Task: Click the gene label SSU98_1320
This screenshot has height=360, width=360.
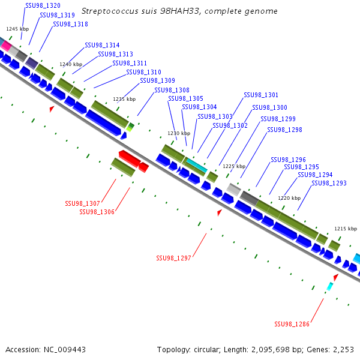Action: pyautogui.click(x=43, y=5)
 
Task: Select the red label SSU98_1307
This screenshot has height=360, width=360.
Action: pyautogui.click(x=82, y=203)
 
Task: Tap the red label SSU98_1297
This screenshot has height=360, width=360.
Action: pyautogui.click(x=173, y=258)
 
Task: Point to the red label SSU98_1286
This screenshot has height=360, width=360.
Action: pyautogui.click(x=292, y=324)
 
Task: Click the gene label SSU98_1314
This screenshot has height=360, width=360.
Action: pyautogui.click(x=102, y=45)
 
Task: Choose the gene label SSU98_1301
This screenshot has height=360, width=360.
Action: pyautogui.click(x=261, y=95)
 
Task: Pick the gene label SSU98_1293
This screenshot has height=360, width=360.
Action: pyautogui.click(x=329, y=183)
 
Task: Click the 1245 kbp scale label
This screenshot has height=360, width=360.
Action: pyautogui.click(x=17, y=28)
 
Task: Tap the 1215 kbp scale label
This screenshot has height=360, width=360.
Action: pyautogui.click(x=346, y=229)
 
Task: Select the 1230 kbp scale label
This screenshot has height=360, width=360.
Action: pyautogui.click(x=179, y=133)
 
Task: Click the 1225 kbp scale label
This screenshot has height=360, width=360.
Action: pyautogui.click(x=234, y=166)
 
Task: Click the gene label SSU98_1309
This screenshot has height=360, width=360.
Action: pyautogui.click(x=157, y=80)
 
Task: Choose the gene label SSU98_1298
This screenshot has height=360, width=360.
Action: pyautogui.click(x=284, y=130)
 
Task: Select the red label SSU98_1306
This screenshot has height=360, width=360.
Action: pyautogui.click(x=97, y=211)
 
